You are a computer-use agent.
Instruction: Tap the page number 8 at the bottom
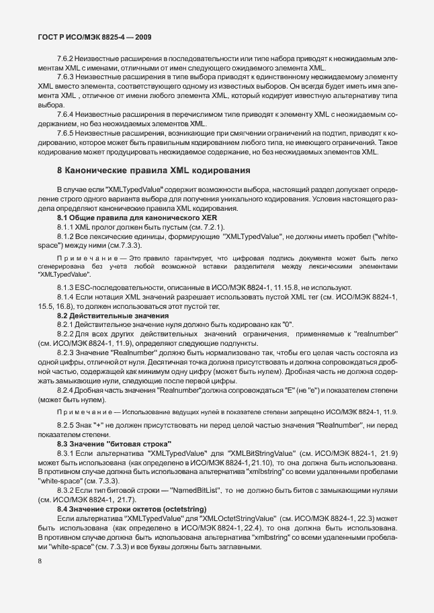(40, 559)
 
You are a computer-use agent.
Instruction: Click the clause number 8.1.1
(67, 228)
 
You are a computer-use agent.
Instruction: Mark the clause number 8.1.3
(67, 287)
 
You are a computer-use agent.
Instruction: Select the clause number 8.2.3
(67, 352)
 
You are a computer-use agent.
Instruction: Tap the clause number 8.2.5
(67, 426)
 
